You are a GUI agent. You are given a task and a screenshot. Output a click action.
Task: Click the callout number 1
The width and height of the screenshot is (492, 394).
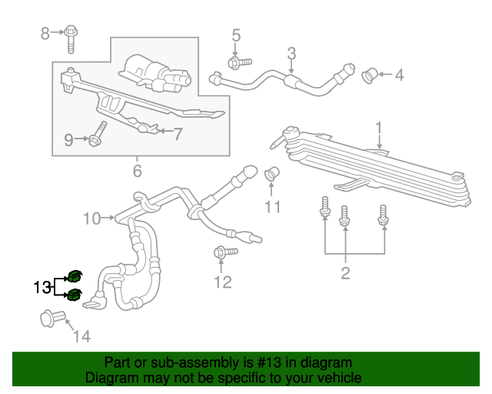tap(378, 127)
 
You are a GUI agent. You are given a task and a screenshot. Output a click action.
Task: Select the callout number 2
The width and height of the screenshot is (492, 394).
tap(345, 272)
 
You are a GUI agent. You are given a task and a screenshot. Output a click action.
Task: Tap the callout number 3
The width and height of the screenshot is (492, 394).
tap(291, 53)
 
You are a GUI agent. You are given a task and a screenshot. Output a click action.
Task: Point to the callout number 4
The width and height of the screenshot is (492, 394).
tap(399, 75)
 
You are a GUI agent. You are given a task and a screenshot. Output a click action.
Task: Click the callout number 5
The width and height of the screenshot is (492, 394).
tap(236, 35)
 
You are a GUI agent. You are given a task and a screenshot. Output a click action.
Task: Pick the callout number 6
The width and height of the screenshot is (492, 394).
tap(137, 171)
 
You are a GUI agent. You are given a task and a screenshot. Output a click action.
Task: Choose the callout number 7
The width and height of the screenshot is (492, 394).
tap(178, 134)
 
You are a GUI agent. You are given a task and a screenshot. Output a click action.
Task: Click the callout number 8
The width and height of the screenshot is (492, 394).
tap(45, 32)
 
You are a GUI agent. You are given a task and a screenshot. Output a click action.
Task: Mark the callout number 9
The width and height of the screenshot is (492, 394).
tap(68, 139)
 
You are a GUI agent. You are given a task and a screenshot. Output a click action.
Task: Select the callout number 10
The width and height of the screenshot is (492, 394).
tap(91, 219)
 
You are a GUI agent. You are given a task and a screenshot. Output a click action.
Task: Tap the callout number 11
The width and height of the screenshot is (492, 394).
tap(273, 206)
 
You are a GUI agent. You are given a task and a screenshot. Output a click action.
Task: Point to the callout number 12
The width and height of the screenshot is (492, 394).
tap(222, 282)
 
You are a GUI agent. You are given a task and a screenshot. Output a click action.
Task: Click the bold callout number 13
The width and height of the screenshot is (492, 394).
tap(42, 288)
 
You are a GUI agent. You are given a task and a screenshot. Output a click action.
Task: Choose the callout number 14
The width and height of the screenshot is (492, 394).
tap(81, 336)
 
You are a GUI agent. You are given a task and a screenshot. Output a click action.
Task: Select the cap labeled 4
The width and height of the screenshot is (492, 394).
tap(369, 75)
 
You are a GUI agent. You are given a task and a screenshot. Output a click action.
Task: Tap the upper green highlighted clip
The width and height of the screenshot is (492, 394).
tap(75, 276)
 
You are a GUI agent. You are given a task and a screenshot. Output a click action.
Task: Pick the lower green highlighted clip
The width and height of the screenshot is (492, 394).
tap(75, 295)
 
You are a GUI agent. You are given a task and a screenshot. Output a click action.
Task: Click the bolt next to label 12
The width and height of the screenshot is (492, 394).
tap(218, 252)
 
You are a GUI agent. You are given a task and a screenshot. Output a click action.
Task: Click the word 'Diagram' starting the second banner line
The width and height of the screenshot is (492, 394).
tap(110, 378)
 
